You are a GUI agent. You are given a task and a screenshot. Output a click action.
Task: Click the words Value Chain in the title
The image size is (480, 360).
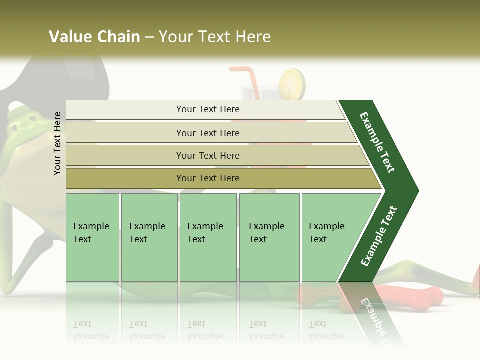(x=94, y=37)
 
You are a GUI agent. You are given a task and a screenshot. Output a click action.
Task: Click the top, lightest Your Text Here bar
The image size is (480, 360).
(x=207, y=109)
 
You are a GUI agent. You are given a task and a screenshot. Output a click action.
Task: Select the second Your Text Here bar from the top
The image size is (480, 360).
(x=207, y=133)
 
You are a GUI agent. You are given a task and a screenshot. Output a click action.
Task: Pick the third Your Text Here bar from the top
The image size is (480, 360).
(x=207, y=155)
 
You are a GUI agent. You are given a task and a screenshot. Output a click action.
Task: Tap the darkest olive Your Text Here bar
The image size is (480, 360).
(x=207, y=178)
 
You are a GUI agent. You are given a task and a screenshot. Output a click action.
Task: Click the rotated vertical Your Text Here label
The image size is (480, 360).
(x=57, y=143)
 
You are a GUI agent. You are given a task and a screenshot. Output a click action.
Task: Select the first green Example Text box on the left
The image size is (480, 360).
(x=92, y=237)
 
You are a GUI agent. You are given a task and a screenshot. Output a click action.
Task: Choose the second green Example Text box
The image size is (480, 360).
(x=149, y=237)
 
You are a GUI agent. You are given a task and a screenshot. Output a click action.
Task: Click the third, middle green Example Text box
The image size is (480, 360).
(x=208, y=237)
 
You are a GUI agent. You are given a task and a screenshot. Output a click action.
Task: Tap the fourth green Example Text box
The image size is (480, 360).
(x=269, y=237)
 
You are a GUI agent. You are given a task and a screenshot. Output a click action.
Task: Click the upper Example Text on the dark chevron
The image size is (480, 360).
(x=377, y=142)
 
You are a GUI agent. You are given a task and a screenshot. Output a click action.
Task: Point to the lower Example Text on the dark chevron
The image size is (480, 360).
(x=378, y=236)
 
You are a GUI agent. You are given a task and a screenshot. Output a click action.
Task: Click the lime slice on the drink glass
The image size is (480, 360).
(x=292, y=83)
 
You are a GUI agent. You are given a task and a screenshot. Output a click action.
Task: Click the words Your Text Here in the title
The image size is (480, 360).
(x=215, y=37)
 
